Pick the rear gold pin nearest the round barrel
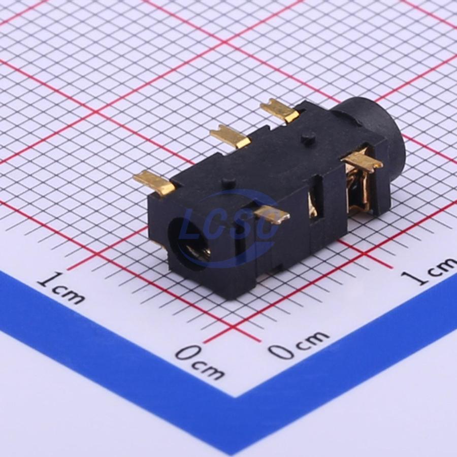point(280,110)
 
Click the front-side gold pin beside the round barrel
point(362,161)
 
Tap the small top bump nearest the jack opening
point(229,182)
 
